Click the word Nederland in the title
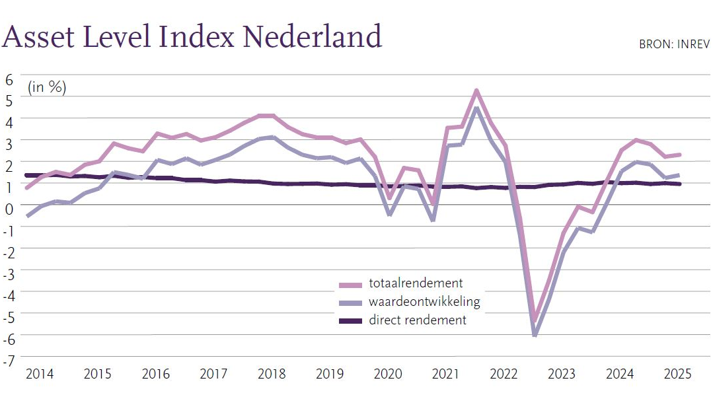pos(312,36)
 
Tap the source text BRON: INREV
pos(674,45)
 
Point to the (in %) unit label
pos(47,87)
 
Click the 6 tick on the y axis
pos(9,79)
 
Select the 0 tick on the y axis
pos(9,208)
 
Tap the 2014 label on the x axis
pos(39,374)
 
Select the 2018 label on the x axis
pos(272,374)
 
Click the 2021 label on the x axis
pos(445,374)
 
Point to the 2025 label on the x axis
pos(677,374)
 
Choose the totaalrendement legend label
pos(416,284)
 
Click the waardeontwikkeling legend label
pos(424,302)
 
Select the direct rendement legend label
pos(418,320)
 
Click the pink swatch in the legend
pos(351,285)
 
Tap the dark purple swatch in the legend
pos(351,321)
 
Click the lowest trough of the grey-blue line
pos(534,334)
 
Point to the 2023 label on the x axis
pos(561,374)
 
